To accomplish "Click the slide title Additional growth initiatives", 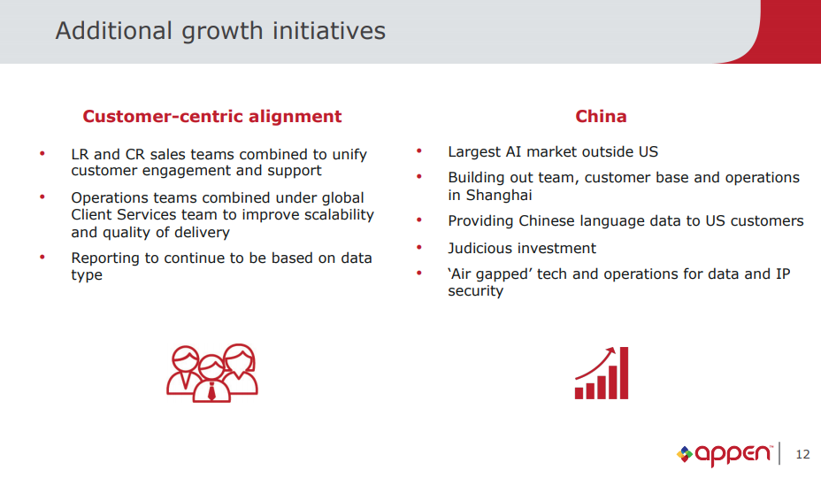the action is click(x=220, y=31).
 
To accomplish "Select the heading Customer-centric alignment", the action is click(x=212, y=116).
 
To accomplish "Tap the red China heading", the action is click(x=601, y=116).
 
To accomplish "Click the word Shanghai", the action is click(x=499, y=196).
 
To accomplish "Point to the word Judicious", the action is click(x=480, y=248).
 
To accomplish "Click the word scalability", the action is click(x=340, y=215).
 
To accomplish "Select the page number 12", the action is click(x=802, y=454).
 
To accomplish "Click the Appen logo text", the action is click(x=733, y=454).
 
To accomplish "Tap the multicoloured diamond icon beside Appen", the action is click(x=685, y=454).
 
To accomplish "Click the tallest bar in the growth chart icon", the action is click(x=624, y=373).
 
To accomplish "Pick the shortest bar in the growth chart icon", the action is click(x=579, y=393).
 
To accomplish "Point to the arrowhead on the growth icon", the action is click(x=610, y=351).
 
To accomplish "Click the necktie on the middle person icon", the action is click(x=211, y=391).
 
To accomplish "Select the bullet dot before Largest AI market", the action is click(x=418, y=151).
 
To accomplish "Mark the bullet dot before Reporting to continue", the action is click(x=42, y=257).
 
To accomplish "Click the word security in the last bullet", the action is click(x=475, y=291).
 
